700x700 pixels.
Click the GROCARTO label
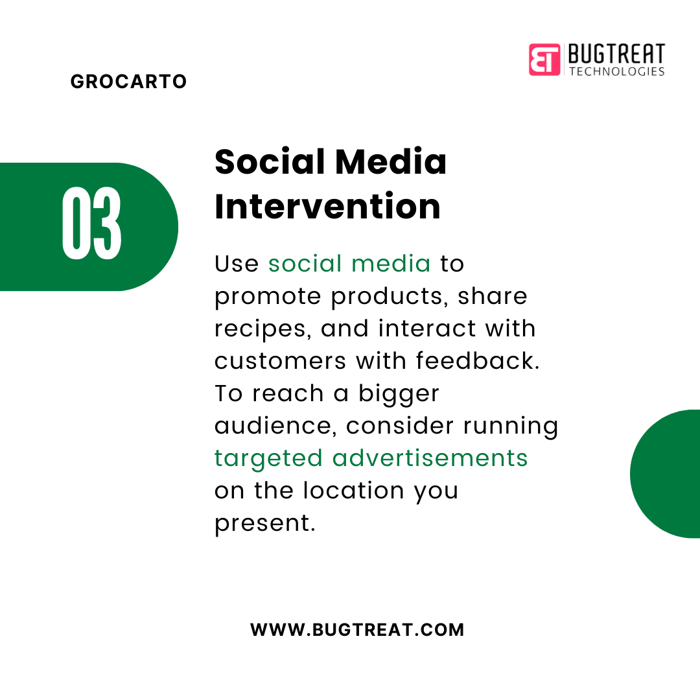point(128,81)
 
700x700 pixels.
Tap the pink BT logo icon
point(544,60)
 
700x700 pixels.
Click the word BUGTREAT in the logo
point(616,54)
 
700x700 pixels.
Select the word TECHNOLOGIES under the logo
point(617,71)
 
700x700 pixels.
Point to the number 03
point(91,223)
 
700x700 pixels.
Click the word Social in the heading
point(270,161)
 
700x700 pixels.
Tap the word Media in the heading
point(391,161)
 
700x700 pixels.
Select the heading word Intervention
point(327,206)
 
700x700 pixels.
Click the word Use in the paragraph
point(237,263)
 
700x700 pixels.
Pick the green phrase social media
point(349,263)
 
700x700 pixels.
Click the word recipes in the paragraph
point(261,329)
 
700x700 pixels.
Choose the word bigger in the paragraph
point(399,394)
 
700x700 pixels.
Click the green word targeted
point(268,458)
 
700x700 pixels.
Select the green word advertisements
point(430,458)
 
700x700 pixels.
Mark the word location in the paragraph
point(354,490)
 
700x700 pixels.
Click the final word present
point(264,524)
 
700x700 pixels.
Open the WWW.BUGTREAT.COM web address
point(357,630)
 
